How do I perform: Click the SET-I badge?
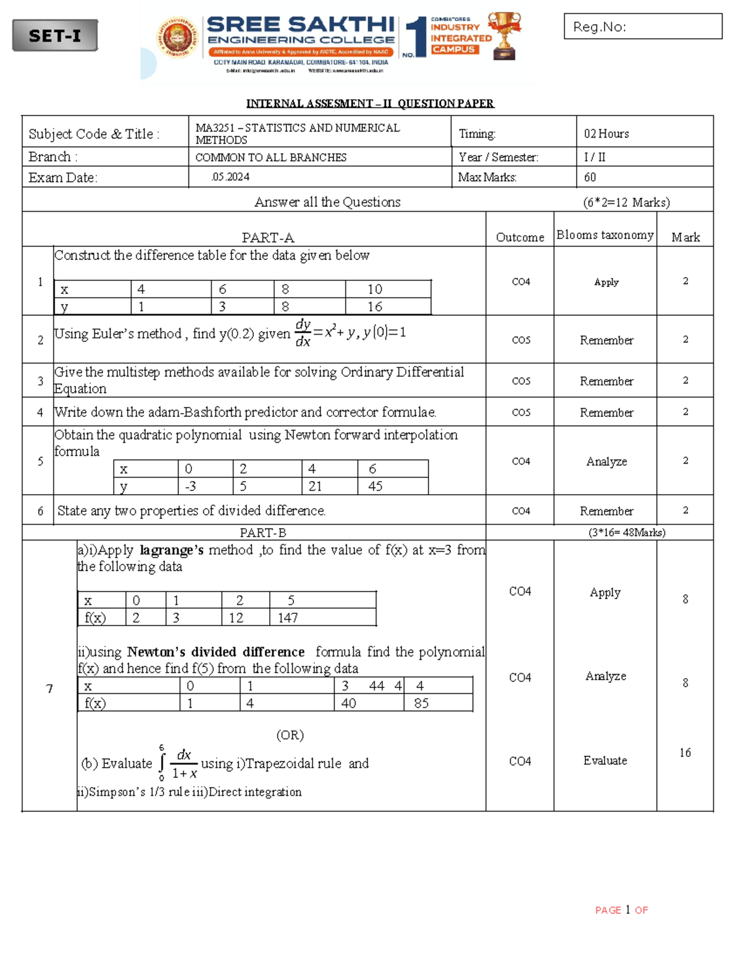point(55,36)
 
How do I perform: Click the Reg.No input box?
point(643,27)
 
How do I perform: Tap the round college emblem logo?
point(178,38)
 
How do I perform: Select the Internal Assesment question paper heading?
point(370,103)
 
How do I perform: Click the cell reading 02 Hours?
point(606,134)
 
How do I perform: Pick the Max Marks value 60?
point(590,177)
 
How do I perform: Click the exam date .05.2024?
point(230,177)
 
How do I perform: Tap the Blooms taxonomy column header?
point(605,235)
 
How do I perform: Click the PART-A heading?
point(267,238)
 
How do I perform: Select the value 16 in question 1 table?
point(375,306)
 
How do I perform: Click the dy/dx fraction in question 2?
point(303,333)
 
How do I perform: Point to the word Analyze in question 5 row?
point(606,461)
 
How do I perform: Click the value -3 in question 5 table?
point(190,487)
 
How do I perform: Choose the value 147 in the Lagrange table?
point(288,618)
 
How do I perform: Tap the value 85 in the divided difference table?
point(421,703)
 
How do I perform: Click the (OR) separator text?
point(290,735)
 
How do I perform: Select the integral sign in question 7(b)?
point(162,764)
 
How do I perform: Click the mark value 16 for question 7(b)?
point(685,753)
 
